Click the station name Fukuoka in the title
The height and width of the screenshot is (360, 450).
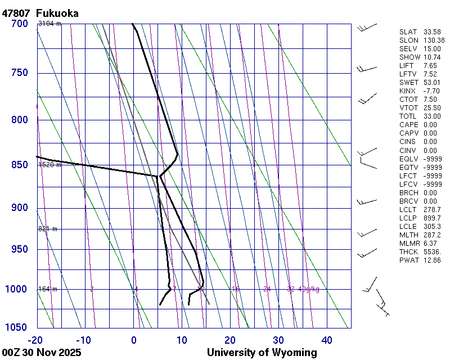(x=57, y=13)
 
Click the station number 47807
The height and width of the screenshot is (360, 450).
(x=16, y=13)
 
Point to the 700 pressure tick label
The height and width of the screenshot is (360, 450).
(x=19, y=24)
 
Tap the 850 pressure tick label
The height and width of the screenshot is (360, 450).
(x=19, y=165)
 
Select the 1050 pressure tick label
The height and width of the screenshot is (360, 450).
(x=17, y=327)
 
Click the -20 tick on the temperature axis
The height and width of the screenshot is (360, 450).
(x=35, y=340)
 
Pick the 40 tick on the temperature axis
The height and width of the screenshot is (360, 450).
(x=327, y=340)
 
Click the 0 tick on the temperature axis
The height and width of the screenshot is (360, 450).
(x=134, y=340)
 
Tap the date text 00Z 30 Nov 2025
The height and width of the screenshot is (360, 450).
(x=42, y=353)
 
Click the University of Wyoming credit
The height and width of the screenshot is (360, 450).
(x=262, y=353)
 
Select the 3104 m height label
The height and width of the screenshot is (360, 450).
(x=49, y=24)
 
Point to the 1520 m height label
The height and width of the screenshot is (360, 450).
(x=49, y=165)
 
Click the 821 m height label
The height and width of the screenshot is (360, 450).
(x=48, y=229)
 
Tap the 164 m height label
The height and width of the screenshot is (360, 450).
(x=48, y=289)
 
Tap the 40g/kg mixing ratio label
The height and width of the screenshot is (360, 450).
(x=309, y=289)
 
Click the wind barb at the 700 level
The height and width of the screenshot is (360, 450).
(x=367, y=27)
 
